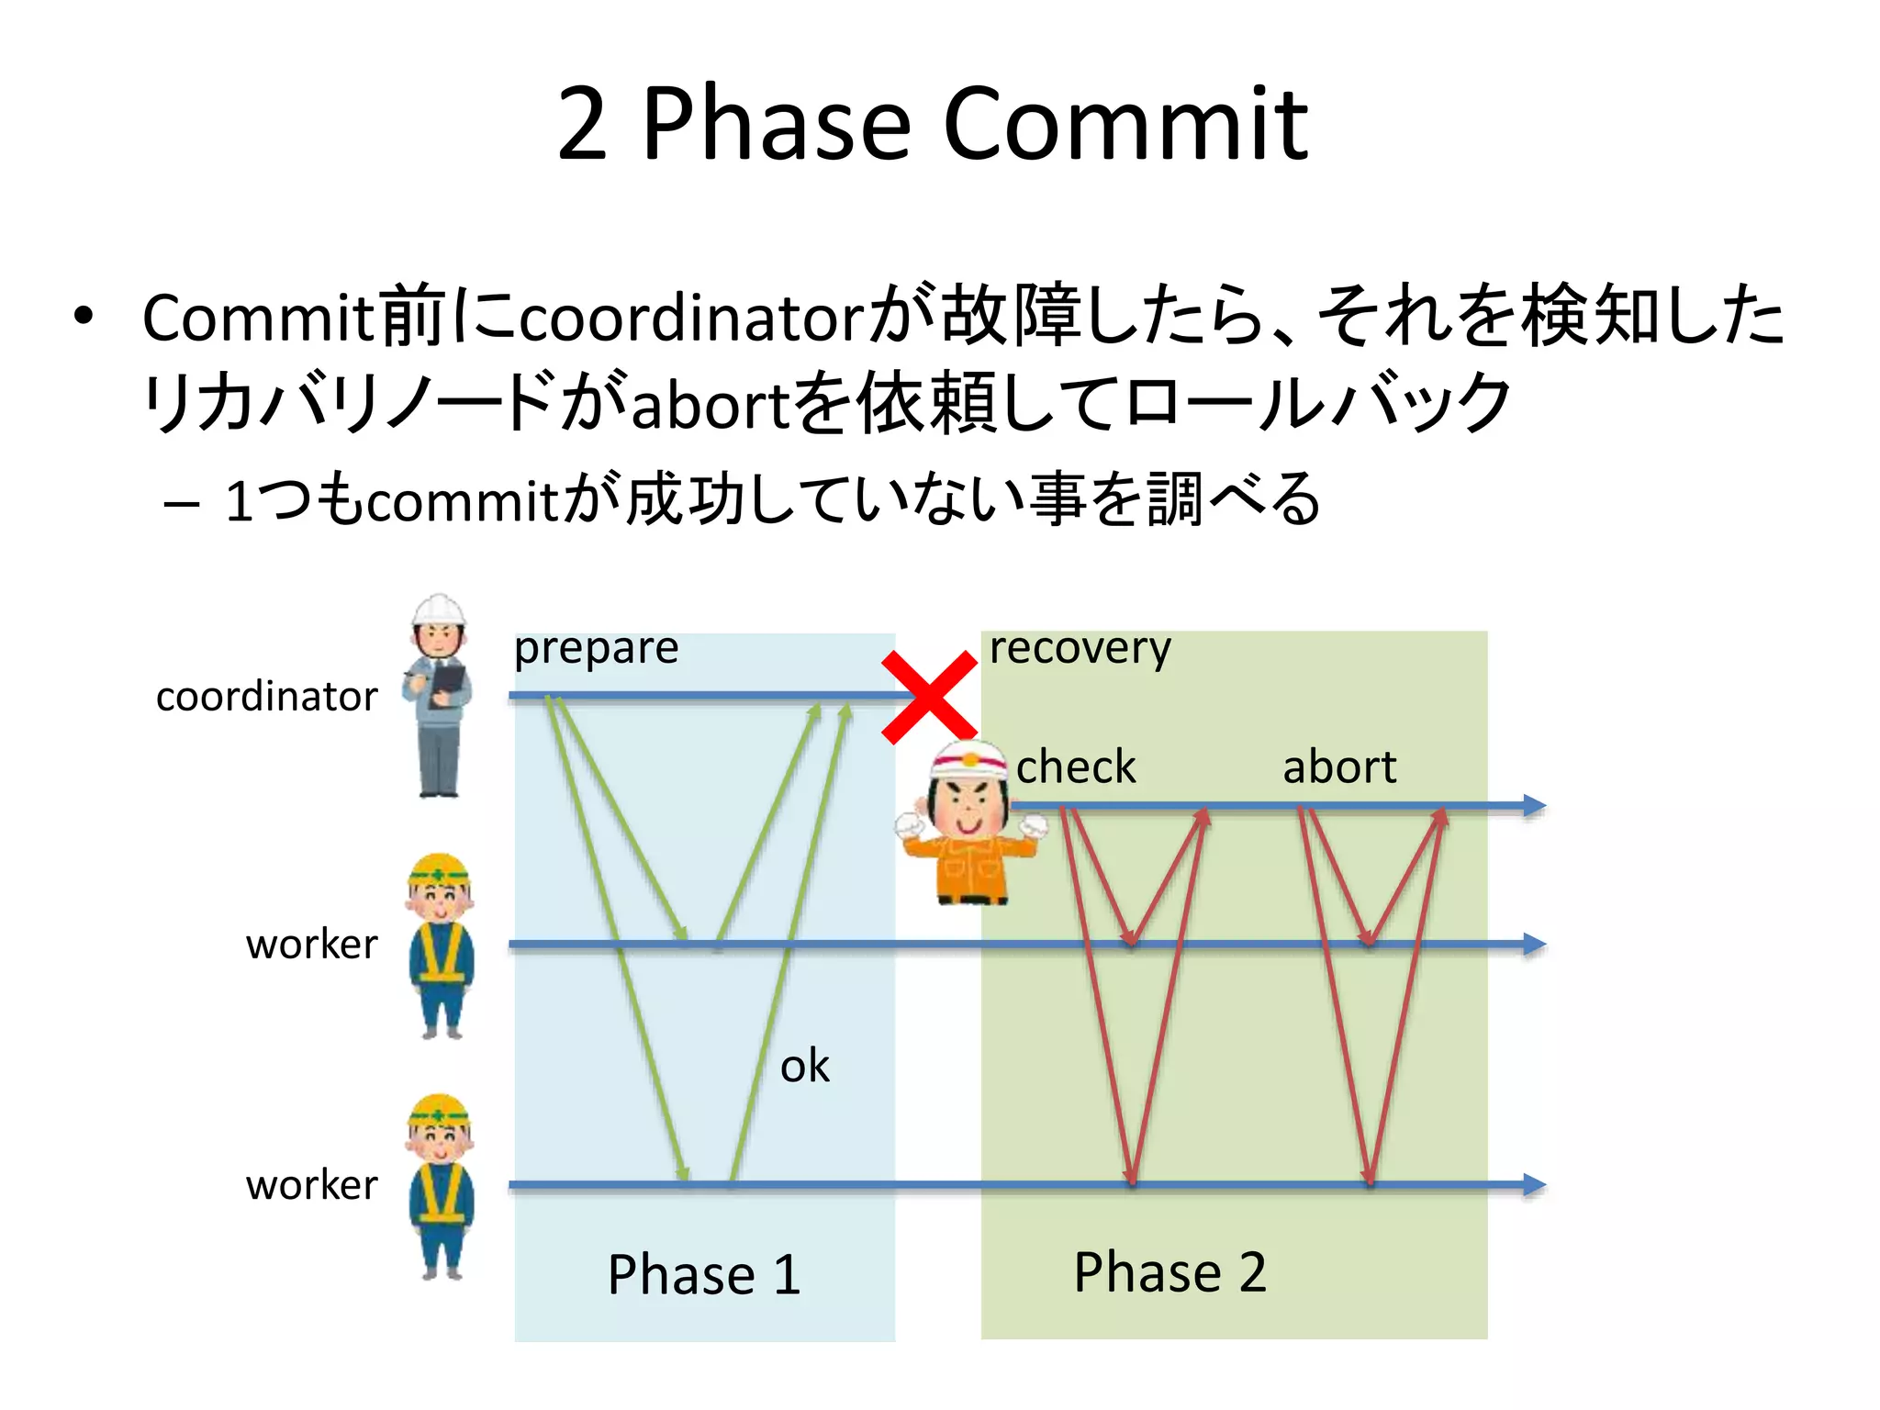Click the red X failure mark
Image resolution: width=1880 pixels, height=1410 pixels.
[x=929, y=697]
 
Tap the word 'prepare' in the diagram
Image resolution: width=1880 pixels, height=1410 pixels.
[x=596, y=649]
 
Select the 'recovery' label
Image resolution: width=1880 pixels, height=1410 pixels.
[x=1080, y=649]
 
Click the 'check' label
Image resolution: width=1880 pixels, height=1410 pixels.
[x=1076, y=767]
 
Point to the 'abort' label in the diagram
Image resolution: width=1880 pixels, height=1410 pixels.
[x=1338, y=767]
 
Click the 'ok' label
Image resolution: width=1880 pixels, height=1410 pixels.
[x=804, y=1067]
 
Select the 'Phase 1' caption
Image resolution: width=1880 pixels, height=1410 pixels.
[x=704, y=1274]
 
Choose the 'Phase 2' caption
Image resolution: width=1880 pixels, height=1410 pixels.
[x=1170, y=1272]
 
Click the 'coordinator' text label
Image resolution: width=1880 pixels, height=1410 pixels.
[x=266, y=697]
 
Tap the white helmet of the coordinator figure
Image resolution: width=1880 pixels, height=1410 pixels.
[x=438, y=610]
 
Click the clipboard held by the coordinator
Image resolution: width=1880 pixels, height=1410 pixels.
[x=449, y=680]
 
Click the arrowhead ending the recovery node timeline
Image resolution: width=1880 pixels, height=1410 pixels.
[x=1534, y=806]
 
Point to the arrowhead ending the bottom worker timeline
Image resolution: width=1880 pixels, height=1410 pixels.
[x=1534, y=1184]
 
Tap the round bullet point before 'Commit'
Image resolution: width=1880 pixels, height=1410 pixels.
[x=84, y=317]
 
